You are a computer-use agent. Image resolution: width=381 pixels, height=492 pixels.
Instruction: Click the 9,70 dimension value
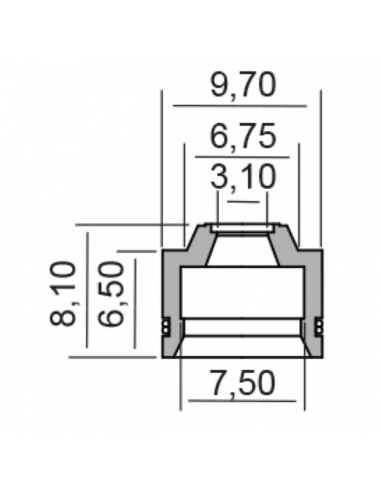(x=243, y=86)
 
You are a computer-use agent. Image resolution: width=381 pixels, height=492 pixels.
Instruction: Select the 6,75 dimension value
(x=243, y=137)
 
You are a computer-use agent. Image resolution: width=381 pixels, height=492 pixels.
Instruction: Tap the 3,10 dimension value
(x=243, y=177)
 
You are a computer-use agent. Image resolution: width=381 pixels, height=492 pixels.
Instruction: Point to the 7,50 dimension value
(x=243, y=383)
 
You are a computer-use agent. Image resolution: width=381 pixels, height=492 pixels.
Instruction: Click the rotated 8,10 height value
(x=63, y=293)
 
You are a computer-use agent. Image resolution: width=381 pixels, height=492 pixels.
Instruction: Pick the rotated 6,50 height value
(x=111, y=293)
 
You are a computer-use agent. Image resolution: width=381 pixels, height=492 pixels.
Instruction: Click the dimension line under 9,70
(x=240, y=106)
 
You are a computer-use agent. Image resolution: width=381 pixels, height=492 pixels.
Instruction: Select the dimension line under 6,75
(x=242, y=157)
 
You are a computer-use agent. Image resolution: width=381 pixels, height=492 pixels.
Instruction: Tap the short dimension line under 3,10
(x=243, y=202)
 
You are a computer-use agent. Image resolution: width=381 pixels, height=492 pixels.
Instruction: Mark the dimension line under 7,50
(x=242, y=401)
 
